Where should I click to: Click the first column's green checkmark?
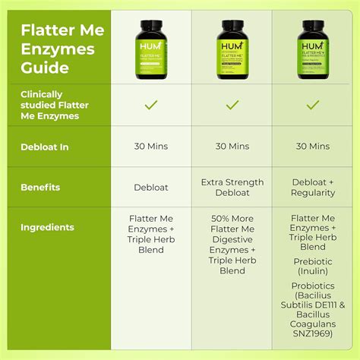pyautogui.click(x=150, y=104)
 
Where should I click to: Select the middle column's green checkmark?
pyautogui.click(x=232, y=104)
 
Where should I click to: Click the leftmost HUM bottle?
pyautogui.click(x=150, y=49)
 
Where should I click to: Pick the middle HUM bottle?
pyautogui.click(x=232, y=49)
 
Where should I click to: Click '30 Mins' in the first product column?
pyautogui.click(x=150, y=146)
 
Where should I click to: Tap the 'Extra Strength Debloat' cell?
pyautogui.click(x=232, y=188)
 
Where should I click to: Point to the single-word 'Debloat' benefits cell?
pyautogui.click(x=150, y=188)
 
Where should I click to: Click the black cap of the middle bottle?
pyautogui.click(x=232, y=24)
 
